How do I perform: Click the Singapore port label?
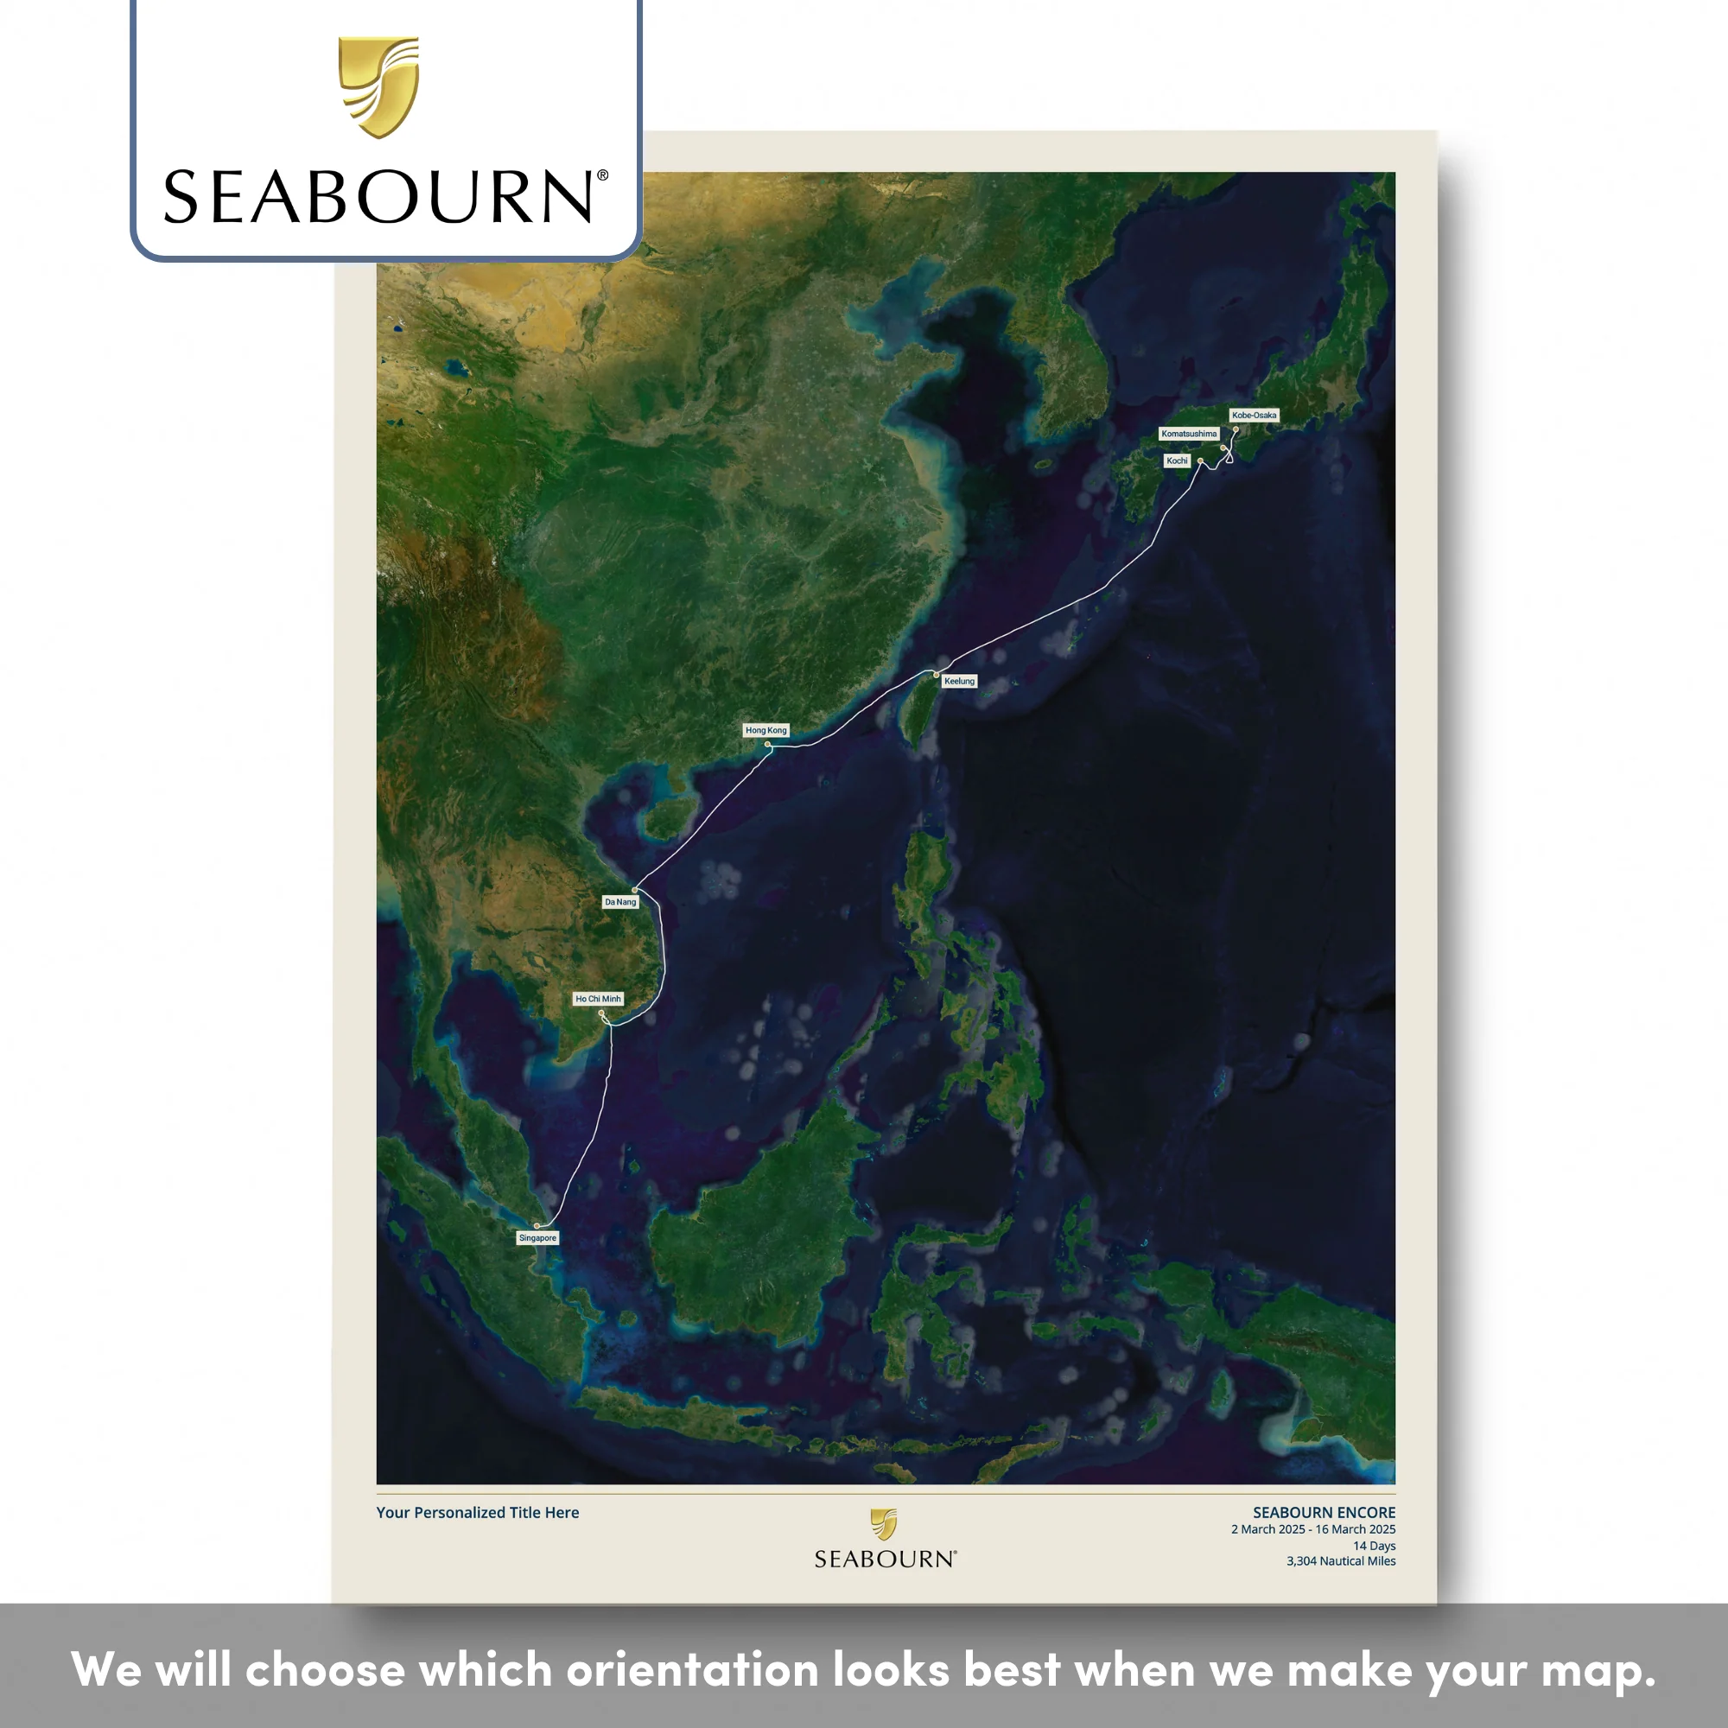(537, 1238)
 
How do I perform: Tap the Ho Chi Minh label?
(599, 999)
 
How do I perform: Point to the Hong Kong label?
(766, 730)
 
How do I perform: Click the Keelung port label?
(960, 681)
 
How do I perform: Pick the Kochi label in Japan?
(1177, 461)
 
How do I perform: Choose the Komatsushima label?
(1190, 434)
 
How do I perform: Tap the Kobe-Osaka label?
(1254, 415)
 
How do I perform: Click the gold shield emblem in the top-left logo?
(378, 86)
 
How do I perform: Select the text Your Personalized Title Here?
(478, 1513)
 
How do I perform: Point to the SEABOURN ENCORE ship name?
(1324, 1513)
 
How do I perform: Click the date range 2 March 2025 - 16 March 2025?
(1313, 1529)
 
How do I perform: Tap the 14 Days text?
(1374, 1546)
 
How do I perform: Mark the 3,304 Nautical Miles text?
(1341, 1560)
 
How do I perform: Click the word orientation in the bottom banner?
(692, 1669)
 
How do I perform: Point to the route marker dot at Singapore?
(537, 1226)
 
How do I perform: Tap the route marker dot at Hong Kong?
(767, 744)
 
